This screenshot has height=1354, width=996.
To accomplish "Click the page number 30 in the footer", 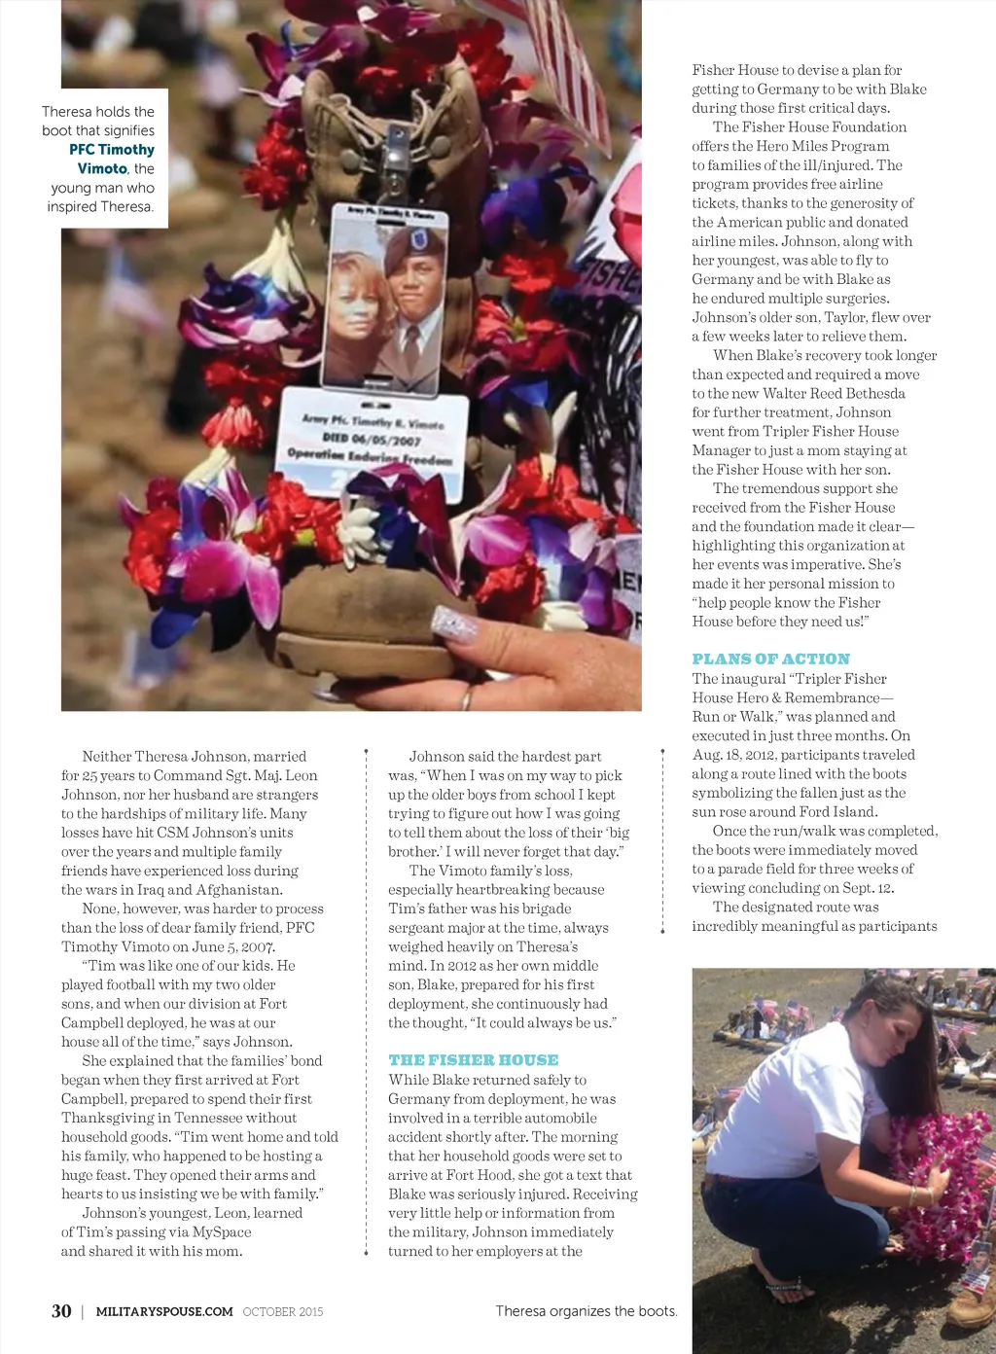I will (x=61, y=1311).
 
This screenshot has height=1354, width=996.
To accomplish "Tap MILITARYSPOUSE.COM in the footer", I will (x=164, y=1311).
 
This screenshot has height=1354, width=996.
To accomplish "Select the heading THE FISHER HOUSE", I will (x=473, y=1059).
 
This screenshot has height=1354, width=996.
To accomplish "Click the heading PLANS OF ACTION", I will (x=770, y=659).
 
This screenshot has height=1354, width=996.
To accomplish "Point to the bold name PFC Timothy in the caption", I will (x=111, y=150).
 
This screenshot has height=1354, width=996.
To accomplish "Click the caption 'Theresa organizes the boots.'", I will (x=586, y=1311).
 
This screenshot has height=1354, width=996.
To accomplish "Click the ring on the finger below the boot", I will (x=468, y=697).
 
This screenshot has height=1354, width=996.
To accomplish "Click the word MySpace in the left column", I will (x=222, y=1231).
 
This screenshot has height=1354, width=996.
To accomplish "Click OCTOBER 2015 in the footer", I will (x=283, y=1311).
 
